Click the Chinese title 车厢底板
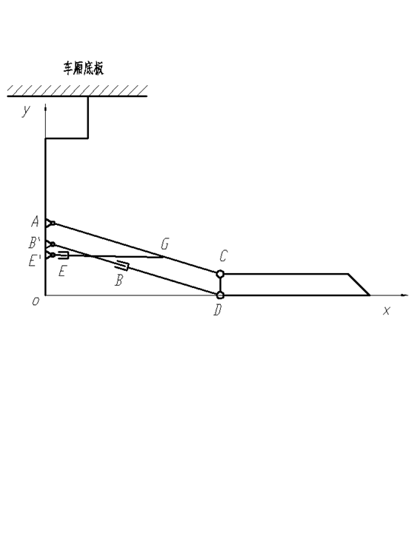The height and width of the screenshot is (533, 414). click(x=84, y=68)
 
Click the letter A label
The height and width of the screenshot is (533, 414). click(x=36, y=221)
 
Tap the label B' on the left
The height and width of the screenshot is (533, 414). click(x=34, y=243)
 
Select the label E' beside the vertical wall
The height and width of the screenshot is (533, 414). click(x=34, y=261)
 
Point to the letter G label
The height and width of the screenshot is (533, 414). click(x=164, y=244)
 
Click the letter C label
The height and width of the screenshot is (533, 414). click(x=223, y=255)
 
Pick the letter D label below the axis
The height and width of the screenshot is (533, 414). click(x=218, y=309)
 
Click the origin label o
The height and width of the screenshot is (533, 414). click(x=36, y=301)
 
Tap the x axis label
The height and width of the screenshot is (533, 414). click(x=386, y=311)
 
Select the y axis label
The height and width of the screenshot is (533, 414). click(x=26, y=110)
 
